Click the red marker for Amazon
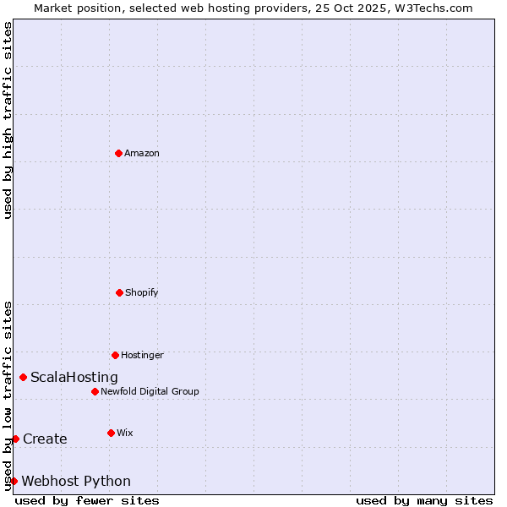click(x=118, y=153)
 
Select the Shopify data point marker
click(x=119, y=292)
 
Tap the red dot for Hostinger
click(x=115, y=355)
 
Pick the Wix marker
click(x=111, y=433)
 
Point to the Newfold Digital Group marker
click(x=95, y=391)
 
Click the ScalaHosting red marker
click(x=23, y=377)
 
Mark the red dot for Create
click(x=15, y=439)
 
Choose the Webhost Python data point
click(x=14, y=481)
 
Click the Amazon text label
click(x=142, y=153)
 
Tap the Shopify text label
click(x=142, y=292)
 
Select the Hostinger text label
click(x=142, y=355)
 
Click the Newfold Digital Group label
click(x=150, y=391)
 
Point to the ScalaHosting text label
click(x=74, y=378)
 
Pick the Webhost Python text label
click(x=76, y=482)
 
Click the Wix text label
click(x=125, y=433)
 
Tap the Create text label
click(x=45, y=439)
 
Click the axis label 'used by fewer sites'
click(x=87, y=500)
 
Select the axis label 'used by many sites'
click(x=424, y=500)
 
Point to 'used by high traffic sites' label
click(x=8, y=120)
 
